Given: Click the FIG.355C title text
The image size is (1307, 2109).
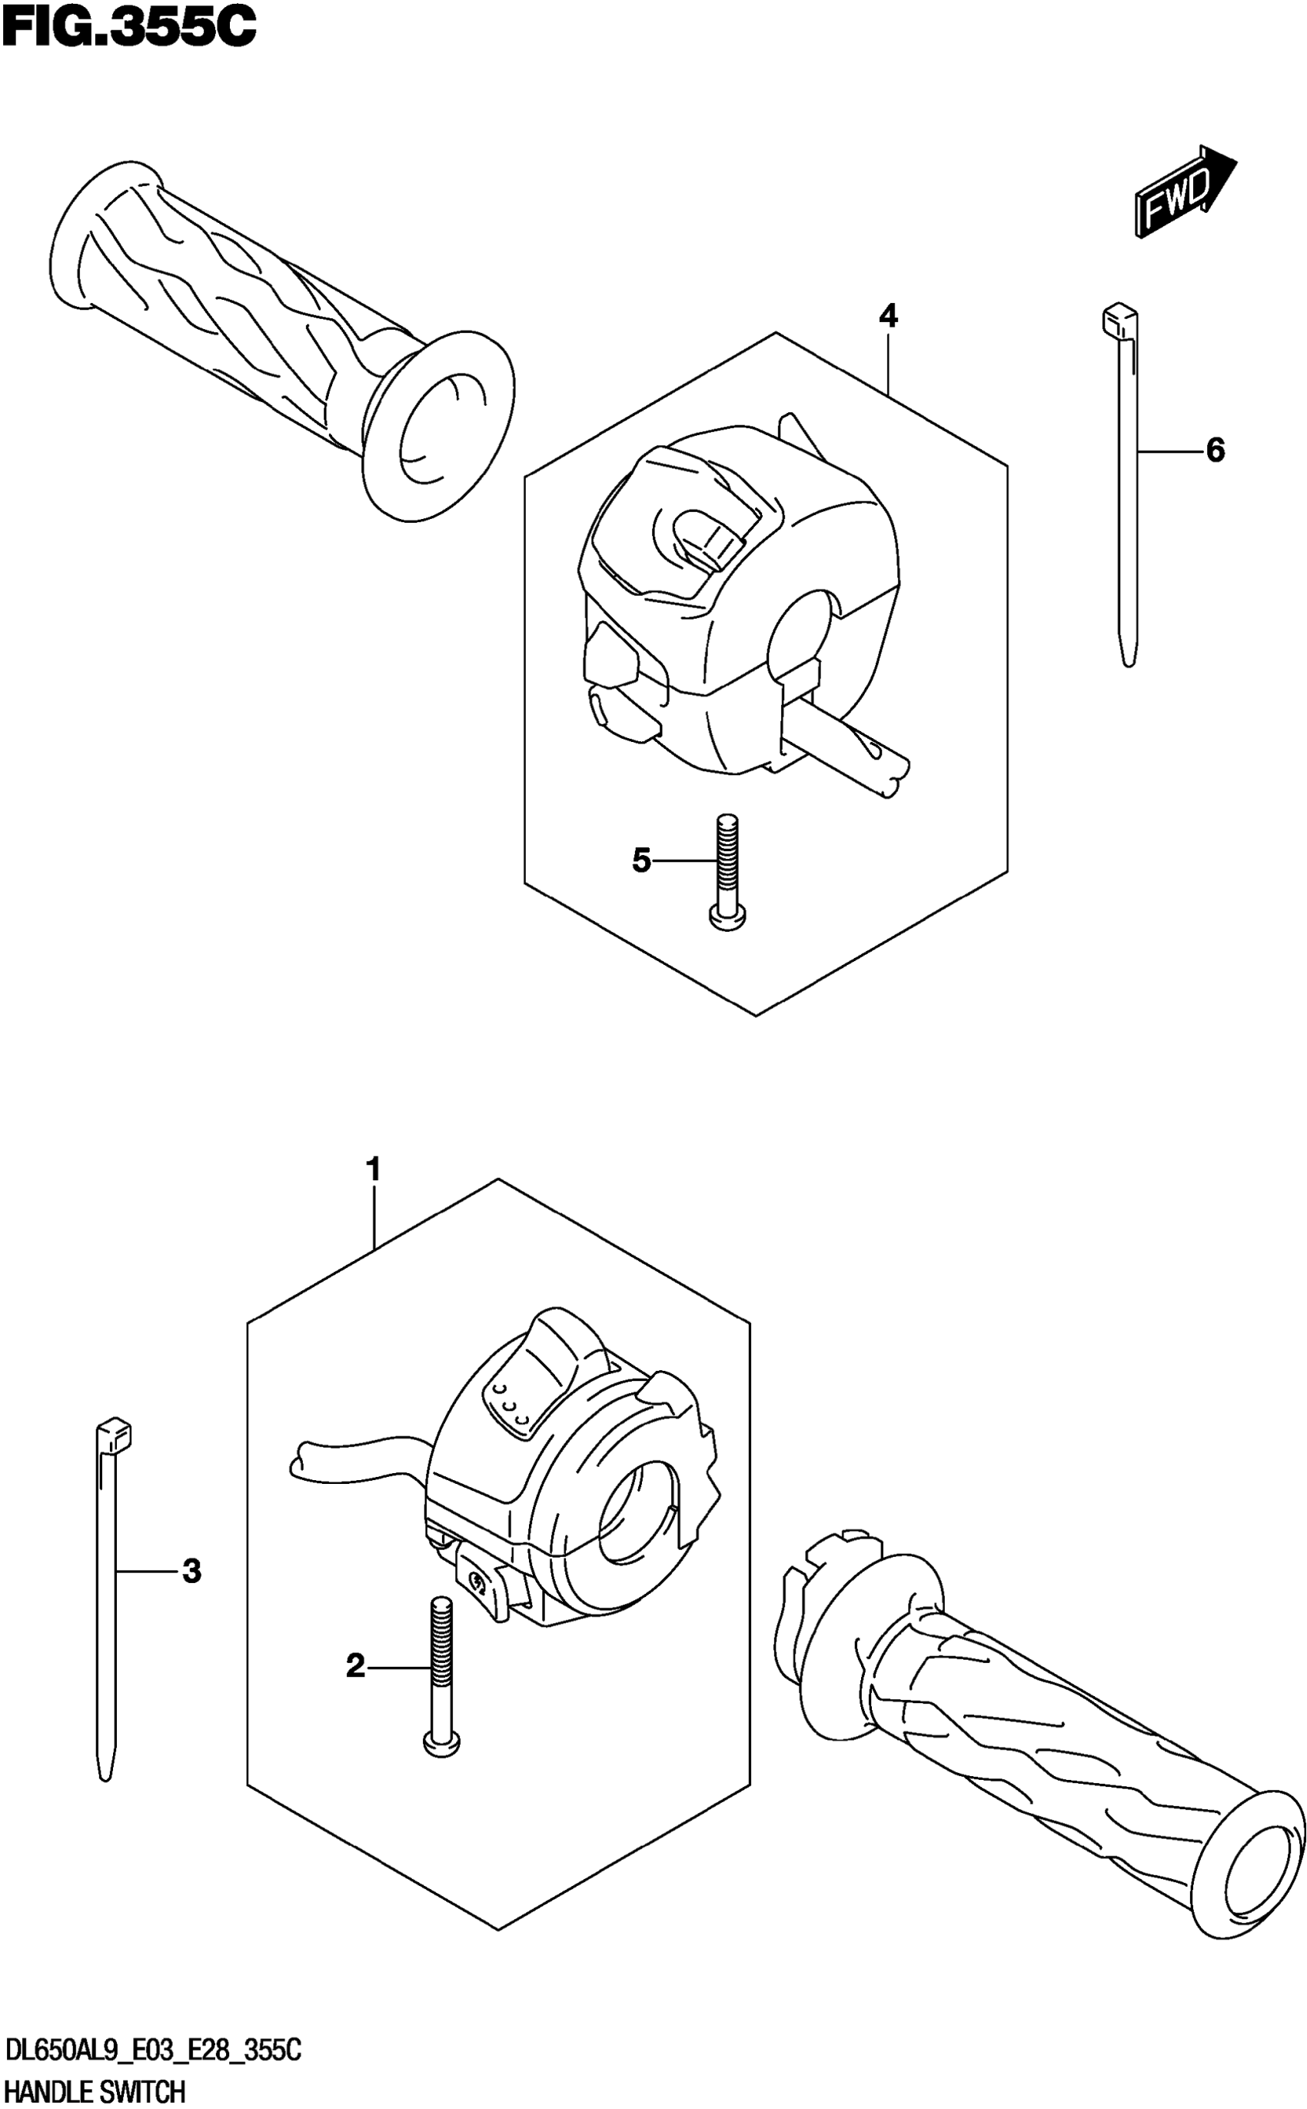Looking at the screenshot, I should (x=130, y=28).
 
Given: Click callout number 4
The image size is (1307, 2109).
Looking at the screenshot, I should (x=888, y=316).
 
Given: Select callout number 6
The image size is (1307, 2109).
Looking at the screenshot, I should (x=1215, y=451).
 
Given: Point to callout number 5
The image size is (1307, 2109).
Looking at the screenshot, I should (x=640, y=860).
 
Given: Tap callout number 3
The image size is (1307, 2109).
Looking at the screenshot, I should (x=192, y=1571).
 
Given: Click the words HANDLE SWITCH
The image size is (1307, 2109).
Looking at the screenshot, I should (x=95, y=2085).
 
